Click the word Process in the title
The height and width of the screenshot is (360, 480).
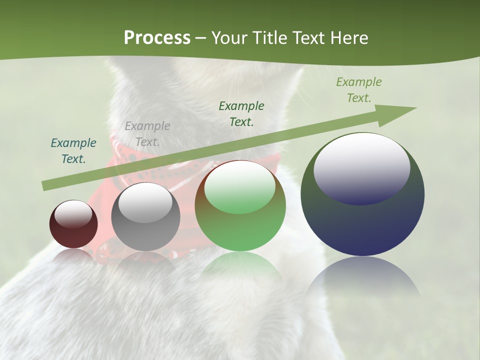point(157,38)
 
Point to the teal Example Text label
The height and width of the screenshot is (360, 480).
point(73,150)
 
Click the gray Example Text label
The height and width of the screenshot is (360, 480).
point(147,133)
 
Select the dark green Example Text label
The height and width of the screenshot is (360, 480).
point(241,113)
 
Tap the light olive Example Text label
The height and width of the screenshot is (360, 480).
point(359,90)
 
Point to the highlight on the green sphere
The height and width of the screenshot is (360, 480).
point(239,187)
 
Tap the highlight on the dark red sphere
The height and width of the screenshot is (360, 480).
point(73,214)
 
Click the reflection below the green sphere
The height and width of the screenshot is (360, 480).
point(240,267)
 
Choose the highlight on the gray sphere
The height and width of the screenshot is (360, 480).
point(145,203)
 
